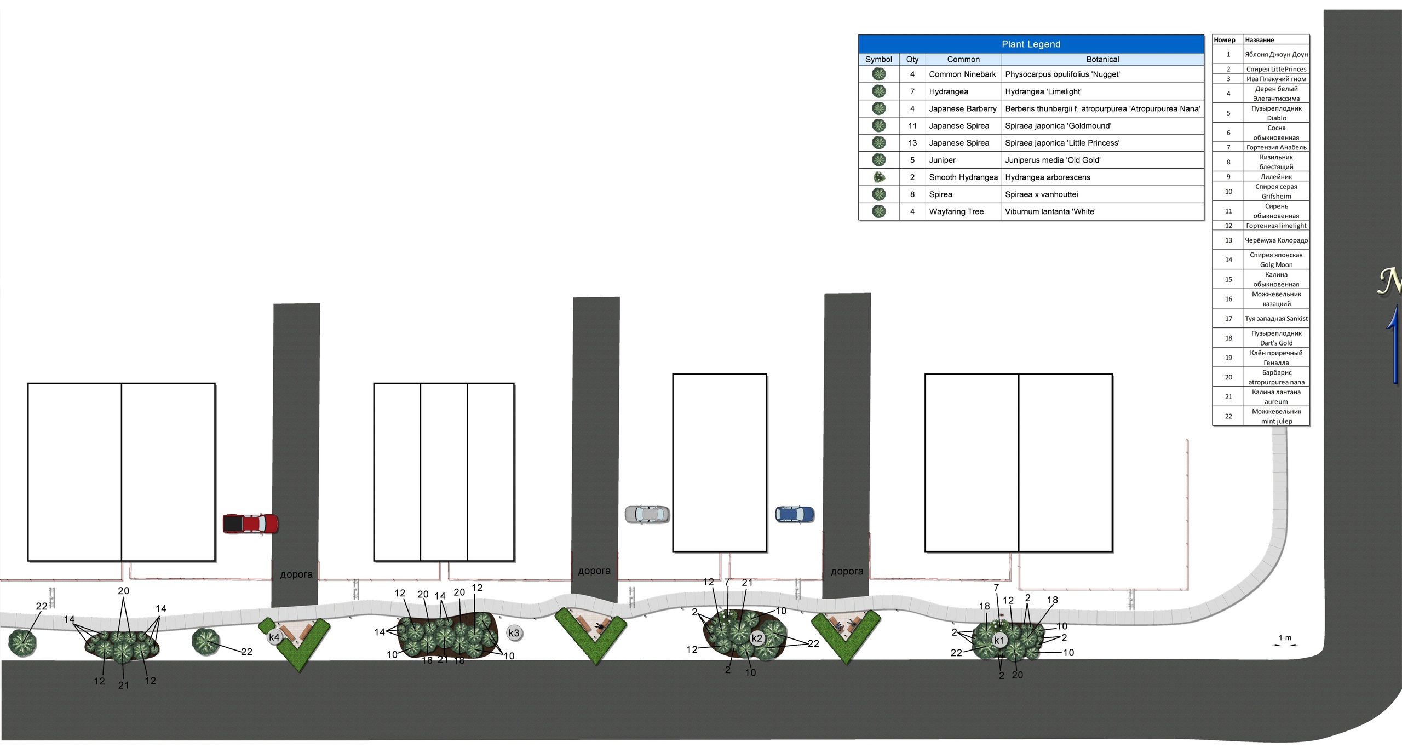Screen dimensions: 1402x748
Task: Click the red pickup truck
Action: [250, 523]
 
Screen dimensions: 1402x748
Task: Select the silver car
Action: [647, 514]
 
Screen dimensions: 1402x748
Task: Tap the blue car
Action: [795, 514]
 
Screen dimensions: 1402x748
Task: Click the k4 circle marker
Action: [274, 637]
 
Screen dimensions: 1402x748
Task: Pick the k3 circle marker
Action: [514, 633]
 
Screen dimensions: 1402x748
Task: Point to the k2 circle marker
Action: [757, 638]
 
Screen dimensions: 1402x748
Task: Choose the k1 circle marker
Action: [999, 640]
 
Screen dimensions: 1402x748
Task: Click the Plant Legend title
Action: [1031, 44]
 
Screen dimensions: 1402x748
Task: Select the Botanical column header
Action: [1102, 59]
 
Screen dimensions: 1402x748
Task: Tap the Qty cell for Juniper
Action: [912, 160]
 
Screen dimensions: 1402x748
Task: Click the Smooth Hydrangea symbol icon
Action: [879, 177]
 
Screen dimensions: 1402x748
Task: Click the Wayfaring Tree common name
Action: [956, 211]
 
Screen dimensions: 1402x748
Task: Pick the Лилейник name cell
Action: [1276, 177]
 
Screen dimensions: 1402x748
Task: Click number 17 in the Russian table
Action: [1228, 319]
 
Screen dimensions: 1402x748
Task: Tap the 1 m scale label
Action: [1285, 638]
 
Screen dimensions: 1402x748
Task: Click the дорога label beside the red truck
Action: [296, 574]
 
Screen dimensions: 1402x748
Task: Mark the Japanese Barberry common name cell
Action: [963, 108]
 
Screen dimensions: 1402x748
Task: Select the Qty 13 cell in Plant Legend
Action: [912, 143]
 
